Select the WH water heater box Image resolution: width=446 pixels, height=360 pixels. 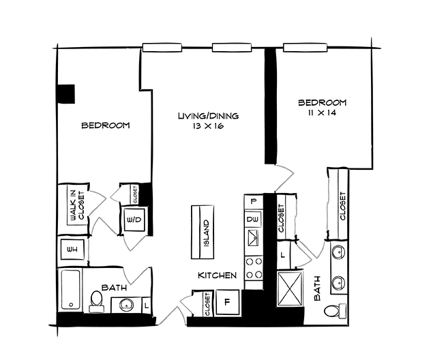71,250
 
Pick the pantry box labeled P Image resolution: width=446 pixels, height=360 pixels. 254,202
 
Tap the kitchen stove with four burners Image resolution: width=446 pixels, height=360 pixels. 254,267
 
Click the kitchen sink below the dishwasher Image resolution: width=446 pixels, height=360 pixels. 254,239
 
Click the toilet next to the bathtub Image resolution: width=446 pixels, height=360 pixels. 95,301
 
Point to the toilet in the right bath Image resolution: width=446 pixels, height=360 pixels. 332,312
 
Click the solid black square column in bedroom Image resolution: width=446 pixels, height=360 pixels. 65,93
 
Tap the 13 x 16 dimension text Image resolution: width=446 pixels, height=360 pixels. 209,127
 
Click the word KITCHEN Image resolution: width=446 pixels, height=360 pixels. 217,276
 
